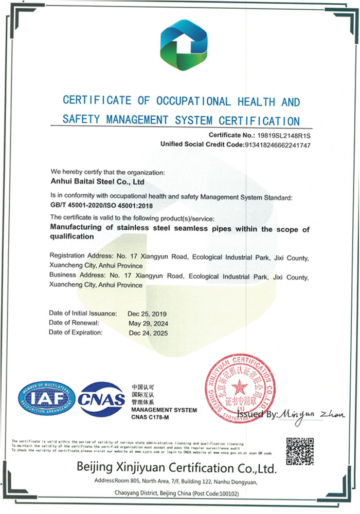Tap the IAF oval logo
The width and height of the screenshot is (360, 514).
(47, 398)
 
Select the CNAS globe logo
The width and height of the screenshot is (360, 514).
(102, 399)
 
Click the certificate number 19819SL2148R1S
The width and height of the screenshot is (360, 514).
(283, 135)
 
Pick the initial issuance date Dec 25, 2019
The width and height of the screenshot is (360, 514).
(148, 314)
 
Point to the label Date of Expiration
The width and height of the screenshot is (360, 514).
(76, 333)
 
